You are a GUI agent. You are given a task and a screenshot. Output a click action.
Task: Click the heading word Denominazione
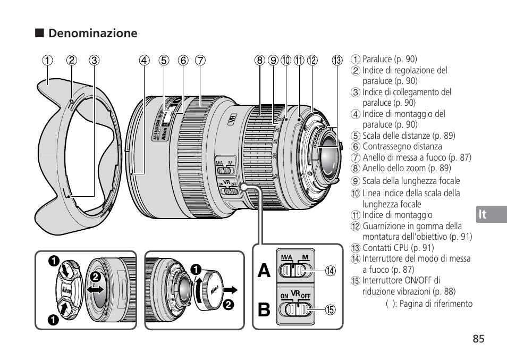(x=92, y=34)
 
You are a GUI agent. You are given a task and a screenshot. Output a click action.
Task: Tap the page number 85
(x=477, y=339)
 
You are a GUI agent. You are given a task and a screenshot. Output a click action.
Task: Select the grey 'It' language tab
(x=482, y=214)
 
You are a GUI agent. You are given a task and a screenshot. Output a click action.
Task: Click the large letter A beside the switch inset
(x=262, y=271)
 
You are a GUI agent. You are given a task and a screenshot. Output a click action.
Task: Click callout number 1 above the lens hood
(x=48, y=60)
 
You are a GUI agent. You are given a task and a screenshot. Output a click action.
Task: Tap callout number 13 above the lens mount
(x=337, y=60)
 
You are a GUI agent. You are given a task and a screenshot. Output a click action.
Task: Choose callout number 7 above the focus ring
(x=200, y=60)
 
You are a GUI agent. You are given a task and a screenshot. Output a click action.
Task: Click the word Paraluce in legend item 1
(x=378, y=59)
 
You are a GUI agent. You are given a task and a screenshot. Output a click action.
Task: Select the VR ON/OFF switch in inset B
(x=294, y=309)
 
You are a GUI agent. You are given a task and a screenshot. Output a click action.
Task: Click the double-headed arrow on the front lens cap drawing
(x=96, y=289)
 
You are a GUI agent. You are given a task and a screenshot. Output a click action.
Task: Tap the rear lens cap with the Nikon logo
(x=213, y=290)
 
